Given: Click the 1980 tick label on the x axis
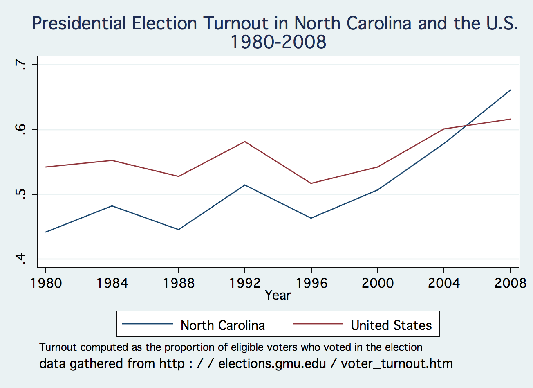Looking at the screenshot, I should point(46,283).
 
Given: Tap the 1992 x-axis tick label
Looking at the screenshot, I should point(245,283).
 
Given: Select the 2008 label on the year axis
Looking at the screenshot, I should point(510,283).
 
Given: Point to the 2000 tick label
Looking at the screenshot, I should point(378,283).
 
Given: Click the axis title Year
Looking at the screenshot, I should point(278,295).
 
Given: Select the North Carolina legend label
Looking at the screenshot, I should point(223,325).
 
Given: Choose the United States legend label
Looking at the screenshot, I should point(391,325).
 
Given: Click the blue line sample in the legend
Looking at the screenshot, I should point(148,324).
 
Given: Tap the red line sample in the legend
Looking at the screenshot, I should point(318,324).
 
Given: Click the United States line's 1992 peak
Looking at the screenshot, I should point(245,142).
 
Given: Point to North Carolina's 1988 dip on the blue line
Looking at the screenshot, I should point(179,230).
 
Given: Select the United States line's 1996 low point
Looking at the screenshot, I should point(311,183).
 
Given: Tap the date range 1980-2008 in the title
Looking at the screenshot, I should point(278,42).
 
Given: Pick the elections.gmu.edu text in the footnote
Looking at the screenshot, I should point(272,363).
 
